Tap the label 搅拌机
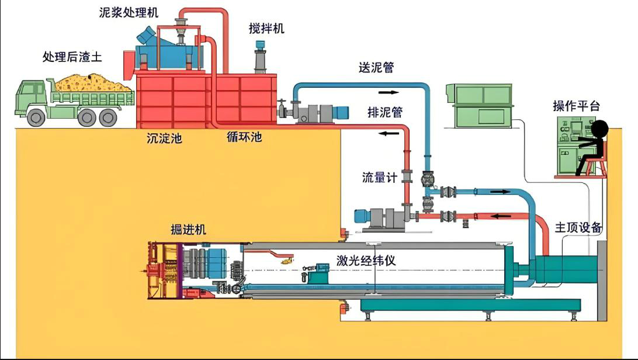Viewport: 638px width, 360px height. [x=266, y=28]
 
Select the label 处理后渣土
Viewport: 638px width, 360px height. [x=72, y=57]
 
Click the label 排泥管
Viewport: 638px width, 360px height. [x=385, y=112]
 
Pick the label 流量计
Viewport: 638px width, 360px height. [x=380, y=177]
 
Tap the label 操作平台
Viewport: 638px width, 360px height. [x=576, y=106]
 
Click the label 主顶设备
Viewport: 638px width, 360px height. [x=578, y=227]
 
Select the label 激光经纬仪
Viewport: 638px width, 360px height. [x=366, y=261]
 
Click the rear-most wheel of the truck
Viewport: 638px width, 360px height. [x=108, y=117]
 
